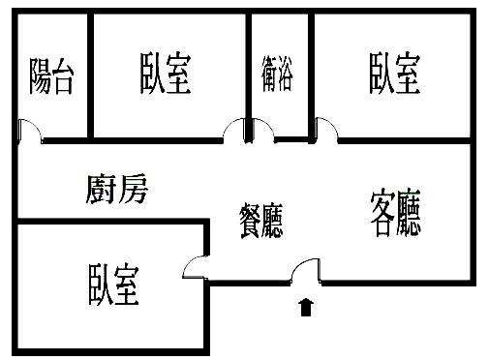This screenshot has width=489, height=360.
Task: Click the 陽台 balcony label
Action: point(51,75)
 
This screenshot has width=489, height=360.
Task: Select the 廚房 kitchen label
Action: point(116,189)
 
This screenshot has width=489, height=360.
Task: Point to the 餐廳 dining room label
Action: point(261,222)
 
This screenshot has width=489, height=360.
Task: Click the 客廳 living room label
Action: point(396,215)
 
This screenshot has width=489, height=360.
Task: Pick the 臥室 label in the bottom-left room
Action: point(113,285)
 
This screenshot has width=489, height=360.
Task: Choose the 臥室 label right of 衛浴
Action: point(394,74)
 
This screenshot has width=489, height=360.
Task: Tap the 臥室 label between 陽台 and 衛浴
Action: point(166,74)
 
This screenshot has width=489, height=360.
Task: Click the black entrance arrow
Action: point(306,308)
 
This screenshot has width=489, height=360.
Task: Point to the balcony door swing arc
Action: point(29,130)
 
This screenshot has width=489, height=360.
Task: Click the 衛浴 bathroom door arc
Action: point(260,131)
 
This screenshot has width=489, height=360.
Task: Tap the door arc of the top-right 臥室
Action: point(325,128)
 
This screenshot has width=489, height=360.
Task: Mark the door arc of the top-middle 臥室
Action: point(234,130)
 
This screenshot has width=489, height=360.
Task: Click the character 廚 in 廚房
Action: point(101,189)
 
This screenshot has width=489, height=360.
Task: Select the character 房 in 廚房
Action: point(133,189)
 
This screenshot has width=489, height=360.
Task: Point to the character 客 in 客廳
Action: point(382,215)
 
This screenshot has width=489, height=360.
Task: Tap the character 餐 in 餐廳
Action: point(249,222)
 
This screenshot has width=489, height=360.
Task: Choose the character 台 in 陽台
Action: point(63,75)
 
